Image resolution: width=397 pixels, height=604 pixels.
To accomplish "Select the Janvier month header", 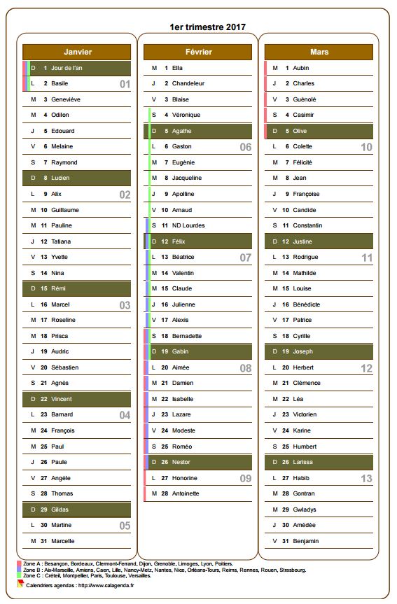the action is (x=77, y=52).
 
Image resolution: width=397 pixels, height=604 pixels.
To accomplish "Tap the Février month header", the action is (x=198, y=52).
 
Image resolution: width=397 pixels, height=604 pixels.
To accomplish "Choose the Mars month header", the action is (x=319, y=52).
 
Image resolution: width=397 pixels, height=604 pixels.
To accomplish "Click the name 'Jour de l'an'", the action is (x=67, y=68).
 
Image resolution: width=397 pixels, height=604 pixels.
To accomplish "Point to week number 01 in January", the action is (x=125, y=84).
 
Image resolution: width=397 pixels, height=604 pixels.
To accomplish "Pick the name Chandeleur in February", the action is (x=188, y=83).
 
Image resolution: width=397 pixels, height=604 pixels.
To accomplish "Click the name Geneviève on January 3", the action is (x=67, y=99).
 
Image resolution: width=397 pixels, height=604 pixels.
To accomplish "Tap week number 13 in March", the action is (x=366, y=479).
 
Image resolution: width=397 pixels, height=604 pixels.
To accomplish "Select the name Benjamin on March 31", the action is (x=307, y=541).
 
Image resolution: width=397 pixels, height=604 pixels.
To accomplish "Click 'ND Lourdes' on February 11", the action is (x=188, y=225).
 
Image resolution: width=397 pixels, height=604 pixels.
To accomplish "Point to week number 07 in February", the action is (x=245, y=258).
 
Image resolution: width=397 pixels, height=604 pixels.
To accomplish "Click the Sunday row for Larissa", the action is (x=319, y=462).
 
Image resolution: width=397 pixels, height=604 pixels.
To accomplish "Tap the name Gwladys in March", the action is (x=305, y=510).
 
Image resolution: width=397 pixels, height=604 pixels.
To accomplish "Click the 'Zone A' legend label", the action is (x=32, y=563).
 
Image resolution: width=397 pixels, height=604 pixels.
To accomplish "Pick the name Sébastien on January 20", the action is (x=65, y=367).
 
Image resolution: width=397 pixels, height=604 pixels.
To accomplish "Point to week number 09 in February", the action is (x=245, y=479).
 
